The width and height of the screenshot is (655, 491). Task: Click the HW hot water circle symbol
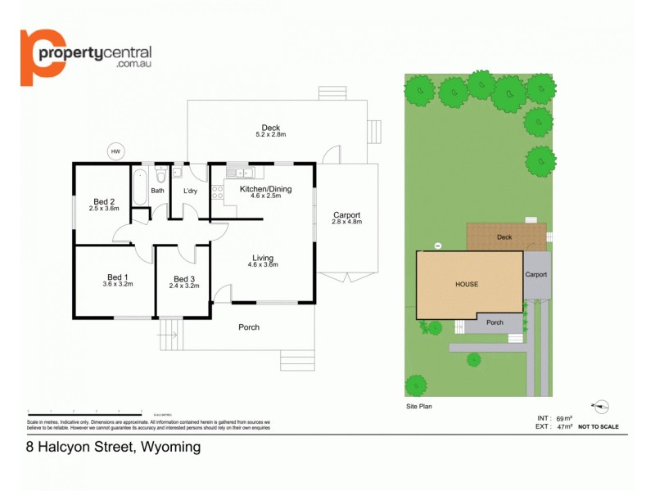[x=115, y=151]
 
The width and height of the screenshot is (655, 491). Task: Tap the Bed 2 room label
[x=103, y=202]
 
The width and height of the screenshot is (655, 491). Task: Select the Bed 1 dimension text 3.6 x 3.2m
[x=117, y=284]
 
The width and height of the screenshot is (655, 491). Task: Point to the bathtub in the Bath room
[x=138, y=188]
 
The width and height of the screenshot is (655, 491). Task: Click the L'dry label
[x=191, y=191]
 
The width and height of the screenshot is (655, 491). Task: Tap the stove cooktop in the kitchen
[x=218, y=192]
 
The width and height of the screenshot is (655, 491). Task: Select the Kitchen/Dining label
[x=265, y=189]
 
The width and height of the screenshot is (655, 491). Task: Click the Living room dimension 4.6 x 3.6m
[x=264, y=265]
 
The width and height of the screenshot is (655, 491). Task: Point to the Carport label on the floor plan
[x=346, y=216]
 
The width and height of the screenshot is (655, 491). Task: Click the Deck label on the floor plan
[x=271, y=127]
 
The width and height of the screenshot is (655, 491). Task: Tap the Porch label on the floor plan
[x=249, y=327]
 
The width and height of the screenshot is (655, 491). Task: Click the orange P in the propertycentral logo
[x=41, y=56]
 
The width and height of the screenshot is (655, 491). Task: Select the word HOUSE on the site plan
[x=467, y=284]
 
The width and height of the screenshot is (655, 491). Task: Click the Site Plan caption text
[x=418, y=406]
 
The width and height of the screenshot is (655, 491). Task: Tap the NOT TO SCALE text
[x=599, y=427]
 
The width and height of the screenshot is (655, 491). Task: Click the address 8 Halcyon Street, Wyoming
[x=111, y=448]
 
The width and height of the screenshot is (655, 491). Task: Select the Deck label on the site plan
[x=504, y=238]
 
